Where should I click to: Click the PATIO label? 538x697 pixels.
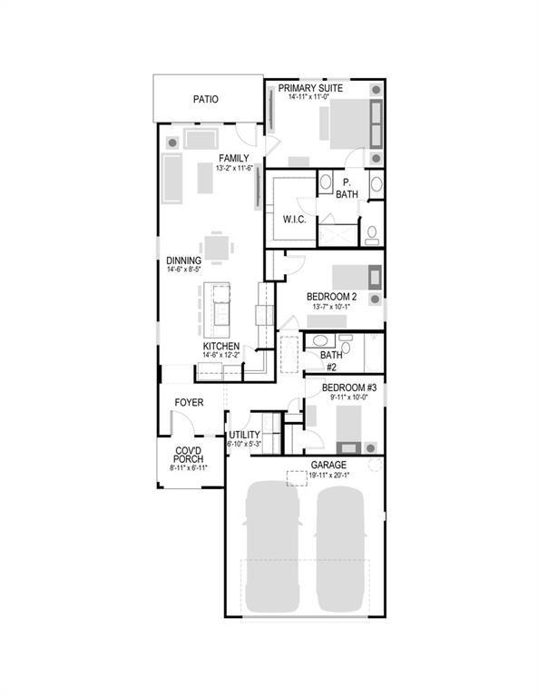click(x=206, y=100)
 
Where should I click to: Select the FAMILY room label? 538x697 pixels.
click(x=233, y=158)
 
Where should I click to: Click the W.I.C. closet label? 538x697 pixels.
click(x=293, y=219)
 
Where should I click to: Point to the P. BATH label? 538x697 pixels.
click(x=347, y=188)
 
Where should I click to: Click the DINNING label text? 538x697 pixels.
click(x=183, y=260)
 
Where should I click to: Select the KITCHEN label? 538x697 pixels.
click(x=220, y=347)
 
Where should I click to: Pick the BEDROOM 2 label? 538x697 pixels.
click(x=331, y=297)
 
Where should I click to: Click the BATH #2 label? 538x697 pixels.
click(x=331, y=361)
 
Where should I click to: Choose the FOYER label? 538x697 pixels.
click(x=189, y=402)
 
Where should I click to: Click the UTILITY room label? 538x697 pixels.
click(x=244, y=435)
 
